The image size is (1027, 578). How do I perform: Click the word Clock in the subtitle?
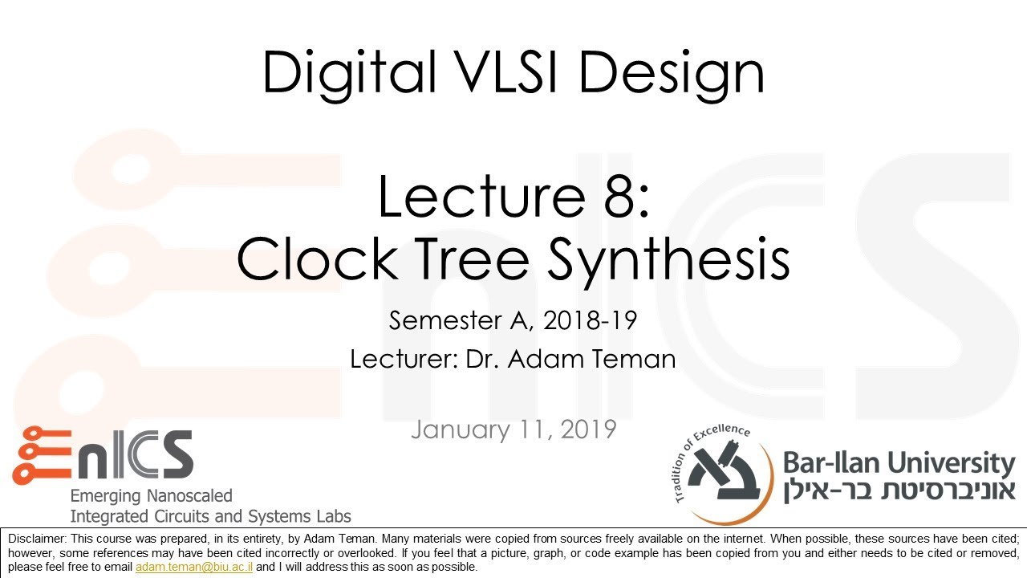[317, 258]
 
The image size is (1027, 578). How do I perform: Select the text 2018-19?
[590, 320]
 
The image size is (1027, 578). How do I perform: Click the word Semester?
[444, 320]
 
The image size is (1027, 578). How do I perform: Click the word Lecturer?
[404, 359]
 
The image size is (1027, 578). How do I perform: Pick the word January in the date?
[461, 429]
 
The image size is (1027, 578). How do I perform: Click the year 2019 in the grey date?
[588, 429]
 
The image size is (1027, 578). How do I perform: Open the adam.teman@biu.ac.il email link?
[194, 567]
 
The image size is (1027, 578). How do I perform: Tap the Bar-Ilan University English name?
[899, 464]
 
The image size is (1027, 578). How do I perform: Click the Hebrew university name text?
[899, 490]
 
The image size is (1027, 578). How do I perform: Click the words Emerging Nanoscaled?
[152, 496]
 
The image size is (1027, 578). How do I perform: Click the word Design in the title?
[672, 75]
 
